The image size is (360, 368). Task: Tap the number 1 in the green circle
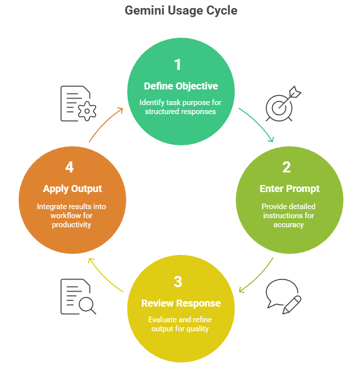pos(177,65)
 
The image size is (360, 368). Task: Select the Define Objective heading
pos(181,85)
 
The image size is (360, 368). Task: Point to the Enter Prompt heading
pos(289,189)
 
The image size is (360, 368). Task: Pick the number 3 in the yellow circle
pos(177,282)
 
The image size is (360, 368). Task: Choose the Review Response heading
pos(181,303)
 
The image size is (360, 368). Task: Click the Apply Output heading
pos(72,189)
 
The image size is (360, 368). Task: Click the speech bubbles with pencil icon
pos(284,297)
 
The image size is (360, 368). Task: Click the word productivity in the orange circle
pos(71,224)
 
